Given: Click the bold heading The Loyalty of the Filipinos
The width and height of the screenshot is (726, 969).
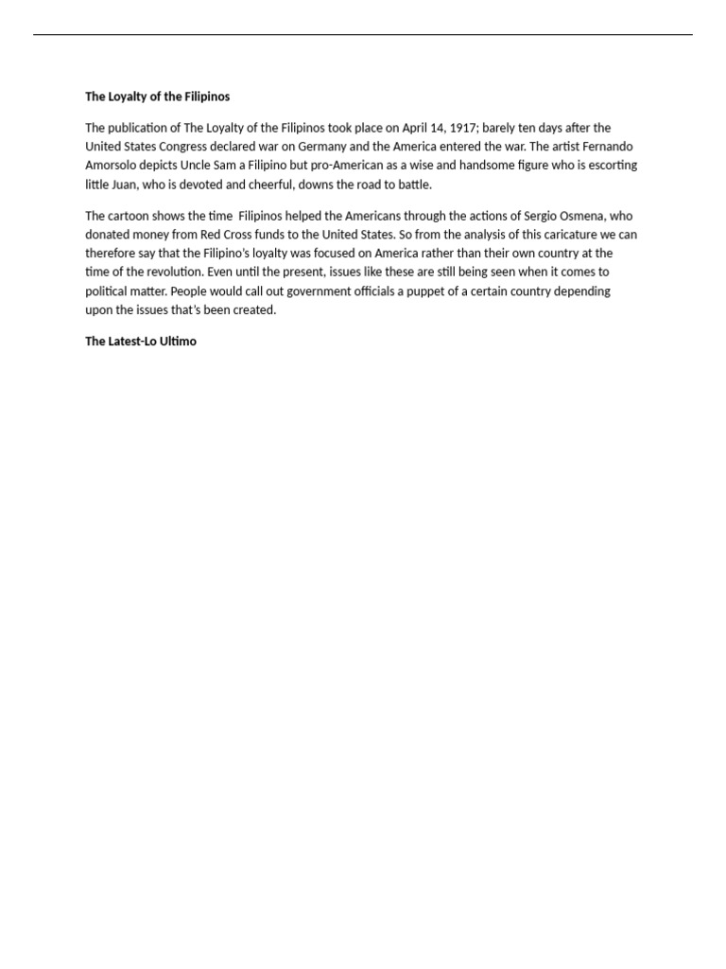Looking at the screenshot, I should coord(157,97).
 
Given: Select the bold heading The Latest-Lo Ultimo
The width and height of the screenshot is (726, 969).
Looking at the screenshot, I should coord(141,342).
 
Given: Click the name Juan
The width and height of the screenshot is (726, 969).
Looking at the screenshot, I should coord(130,185).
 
